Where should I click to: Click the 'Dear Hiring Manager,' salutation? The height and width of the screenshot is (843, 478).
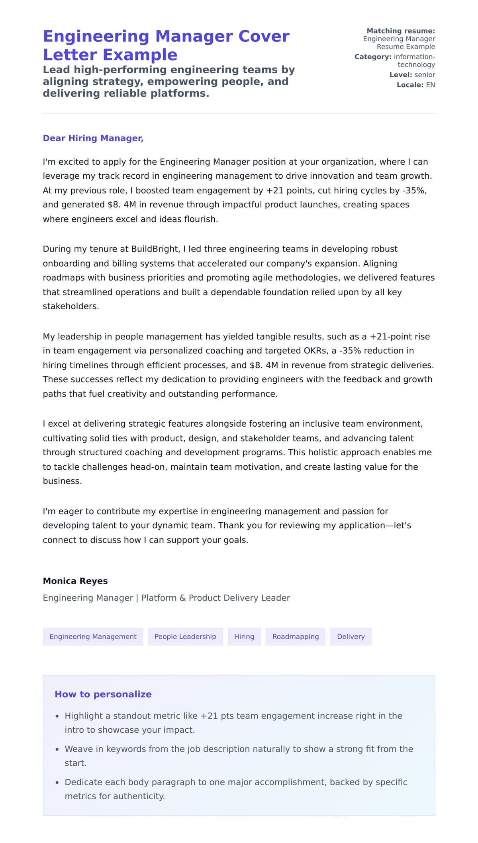click(93, 138)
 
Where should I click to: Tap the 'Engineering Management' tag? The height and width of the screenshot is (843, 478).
click(93, 636)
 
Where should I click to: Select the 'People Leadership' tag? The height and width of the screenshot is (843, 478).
click(185, 636)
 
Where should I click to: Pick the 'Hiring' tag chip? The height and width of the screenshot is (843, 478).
click(244, 636)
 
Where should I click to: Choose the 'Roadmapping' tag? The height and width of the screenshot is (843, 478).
click(296, 636)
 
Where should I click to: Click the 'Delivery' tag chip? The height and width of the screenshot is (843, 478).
click(351, 636)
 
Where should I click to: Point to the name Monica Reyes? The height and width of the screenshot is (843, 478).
click(75, 581)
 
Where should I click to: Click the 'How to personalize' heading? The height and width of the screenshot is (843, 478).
click(103, 694)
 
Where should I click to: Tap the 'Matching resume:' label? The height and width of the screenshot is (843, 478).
click(400, 31)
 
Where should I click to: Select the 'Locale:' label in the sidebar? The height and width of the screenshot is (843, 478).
click(410, 85)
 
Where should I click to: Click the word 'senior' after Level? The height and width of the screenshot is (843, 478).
click(425, 75)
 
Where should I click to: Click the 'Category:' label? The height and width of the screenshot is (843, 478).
click(373, 57)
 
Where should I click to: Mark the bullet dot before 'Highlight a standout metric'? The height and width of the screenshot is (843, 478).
click(57, 716)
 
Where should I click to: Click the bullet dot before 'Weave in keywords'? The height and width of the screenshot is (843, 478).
click(57, 749)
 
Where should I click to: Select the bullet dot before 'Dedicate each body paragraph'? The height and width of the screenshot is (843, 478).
click(57, 783)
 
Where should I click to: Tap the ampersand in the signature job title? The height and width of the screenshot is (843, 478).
click(182, 598)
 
